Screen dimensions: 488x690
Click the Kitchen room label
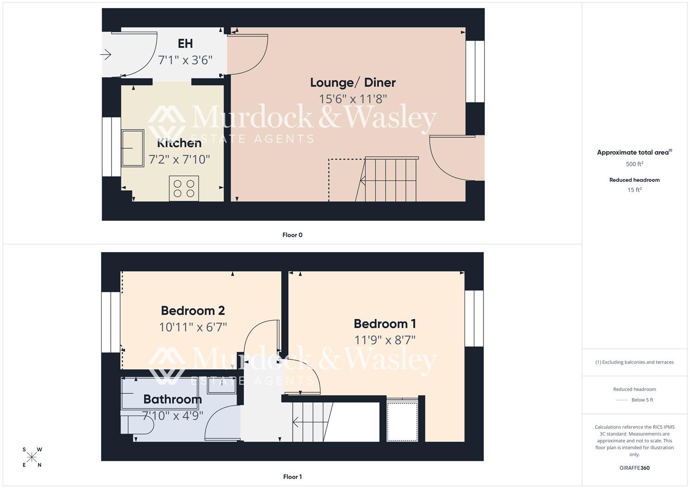click(179, 143)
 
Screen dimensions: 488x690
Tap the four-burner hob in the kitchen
click(184, 188)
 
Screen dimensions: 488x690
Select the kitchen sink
click(132, 148)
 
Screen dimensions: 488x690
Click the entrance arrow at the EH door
click(106, 55)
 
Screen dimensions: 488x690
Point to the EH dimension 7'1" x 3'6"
click(185, 60)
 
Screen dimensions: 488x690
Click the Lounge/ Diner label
click(352, 83)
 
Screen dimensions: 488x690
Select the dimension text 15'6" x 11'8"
click(353, 99)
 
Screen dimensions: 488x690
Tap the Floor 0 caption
click(292, 235)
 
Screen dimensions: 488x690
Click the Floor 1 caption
click(292, 477)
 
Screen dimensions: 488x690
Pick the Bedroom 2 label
click(192, 311)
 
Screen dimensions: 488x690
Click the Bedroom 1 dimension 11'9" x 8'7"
click(385, 340)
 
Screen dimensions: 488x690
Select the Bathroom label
click(172, 399)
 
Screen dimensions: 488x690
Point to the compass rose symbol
click(32, 457)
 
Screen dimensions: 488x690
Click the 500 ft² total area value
click(634, 164)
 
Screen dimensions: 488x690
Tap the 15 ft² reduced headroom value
click(634, 190)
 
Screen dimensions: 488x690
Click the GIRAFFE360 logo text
click(634, 468)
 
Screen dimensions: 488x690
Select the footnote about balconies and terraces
click(634, 362)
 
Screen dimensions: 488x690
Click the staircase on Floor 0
click(390, 179)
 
